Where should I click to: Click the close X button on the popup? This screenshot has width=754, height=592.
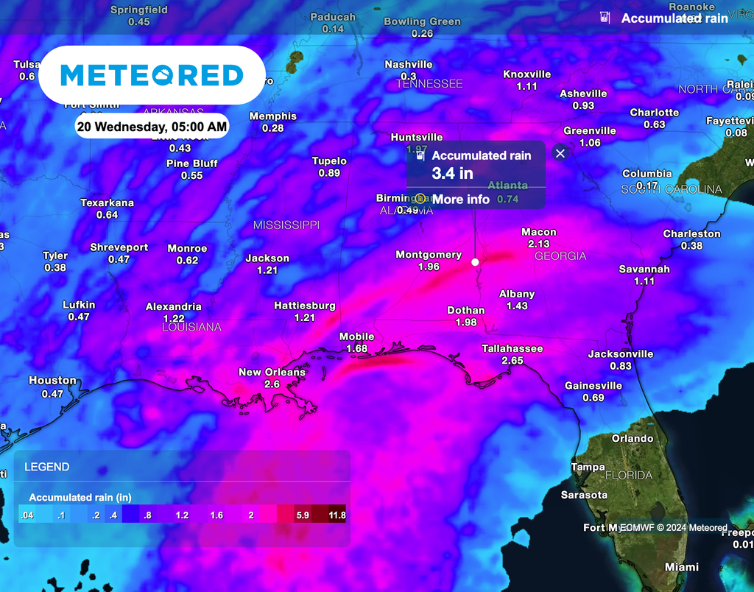(560, 153)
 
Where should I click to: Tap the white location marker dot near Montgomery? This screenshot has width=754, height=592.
(475, 262)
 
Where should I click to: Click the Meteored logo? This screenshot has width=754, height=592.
(152, 74)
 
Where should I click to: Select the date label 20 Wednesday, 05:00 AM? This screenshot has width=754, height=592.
(152, 126)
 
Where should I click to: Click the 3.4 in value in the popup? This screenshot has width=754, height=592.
(452, 174)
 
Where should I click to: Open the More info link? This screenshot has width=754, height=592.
(460, 199)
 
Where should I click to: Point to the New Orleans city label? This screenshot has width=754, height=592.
(272, 372)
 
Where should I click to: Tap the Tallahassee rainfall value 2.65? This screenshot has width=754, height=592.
(512, 361)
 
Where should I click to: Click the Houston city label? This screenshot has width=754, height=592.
(52, 381)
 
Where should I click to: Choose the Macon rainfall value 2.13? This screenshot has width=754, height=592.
(539, 244)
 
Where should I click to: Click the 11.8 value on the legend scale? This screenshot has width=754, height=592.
(337, 515)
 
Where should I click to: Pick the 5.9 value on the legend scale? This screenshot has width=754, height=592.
(302, 515)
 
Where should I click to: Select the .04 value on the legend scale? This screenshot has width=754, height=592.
(27, 515)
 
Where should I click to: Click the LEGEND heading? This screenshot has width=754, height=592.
(47, 467)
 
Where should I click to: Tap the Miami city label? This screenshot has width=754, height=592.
(682, 567)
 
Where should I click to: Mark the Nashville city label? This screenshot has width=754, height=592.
(409, 65)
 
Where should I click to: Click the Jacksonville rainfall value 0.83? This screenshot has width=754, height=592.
(621, 366)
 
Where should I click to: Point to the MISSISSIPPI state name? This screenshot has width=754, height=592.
(286, 225)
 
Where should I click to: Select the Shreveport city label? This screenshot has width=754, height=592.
(119, 247)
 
